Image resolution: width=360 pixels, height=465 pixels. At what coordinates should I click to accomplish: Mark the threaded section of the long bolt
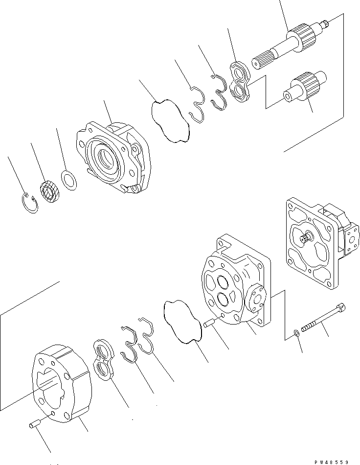pos(313,325)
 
